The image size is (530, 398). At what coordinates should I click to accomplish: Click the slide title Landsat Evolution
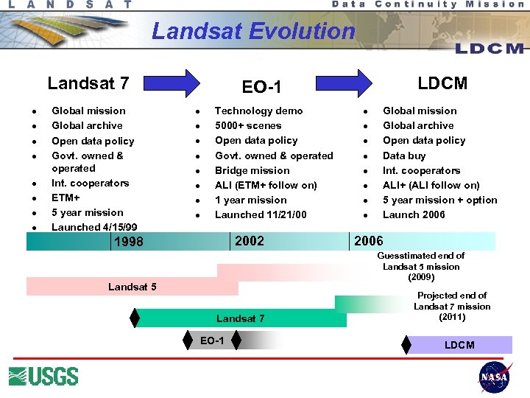pyautogui.click(x=252, y=31)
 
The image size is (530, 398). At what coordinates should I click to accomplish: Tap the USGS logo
pyautogui.click(x=43, y=376)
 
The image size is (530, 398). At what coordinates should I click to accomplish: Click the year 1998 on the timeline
pyautogui.click(x=128, y=242)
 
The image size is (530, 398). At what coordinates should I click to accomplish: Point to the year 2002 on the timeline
pyautogui.click(x=249, y=241)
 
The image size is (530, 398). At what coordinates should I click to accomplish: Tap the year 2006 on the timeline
pyautogui.click(x=369, y=241)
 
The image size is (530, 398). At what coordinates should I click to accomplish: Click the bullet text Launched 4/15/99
pyautogui.click(x=94, y=227)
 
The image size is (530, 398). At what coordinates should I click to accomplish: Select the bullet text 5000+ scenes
pyautogui.click(x=247, y=125)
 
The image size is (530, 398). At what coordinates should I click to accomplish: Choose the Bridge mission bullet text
pyautogui.click(x=252, y=170)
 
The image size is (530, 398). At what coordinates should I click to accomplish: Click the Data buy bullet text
pyautogui.click(x=404, y=156)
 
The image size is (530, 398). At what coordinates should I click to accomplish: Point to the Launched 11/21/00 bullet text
pyautogui.click(x=261, y=214)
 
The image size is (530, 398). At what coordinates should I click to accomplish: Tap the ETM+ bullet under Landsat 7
pyautogui.click(x=66, y=198)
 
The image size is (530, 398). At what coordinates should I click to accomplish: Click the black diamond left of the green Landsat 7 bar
pyautogui.click(x=135, y=318)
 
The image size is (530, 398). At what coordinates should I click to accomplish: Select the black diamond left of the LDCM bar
pyautogui.click(x=406, y=344)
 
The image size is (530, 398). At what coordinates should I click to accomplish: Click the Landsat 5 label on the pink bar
pyautogui.click(x=132, y=286)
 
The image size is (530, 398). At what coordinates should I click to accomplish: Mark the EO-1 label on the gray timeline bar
pyautogui.click(x=212, y=340)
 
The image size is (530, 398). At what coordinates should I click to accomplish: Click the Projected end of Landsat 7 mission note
pyautogui.click(x=452, y=306)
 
